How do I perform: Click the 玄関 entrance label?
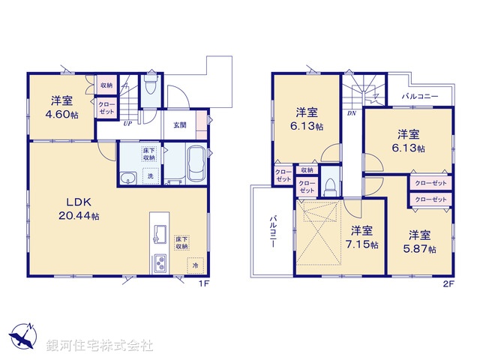(180, 124)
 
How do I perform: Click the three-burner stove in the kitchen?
(161, 263)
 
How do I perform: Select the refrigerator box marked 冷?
(194, 265)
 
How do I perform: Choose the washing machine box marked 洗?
(149, 176)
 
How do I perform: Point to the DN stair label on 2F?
(351, 113)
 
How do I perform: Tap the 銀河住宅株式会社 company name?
(99, 346)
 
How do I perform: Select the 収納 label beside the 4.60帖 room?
(106, 85)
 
